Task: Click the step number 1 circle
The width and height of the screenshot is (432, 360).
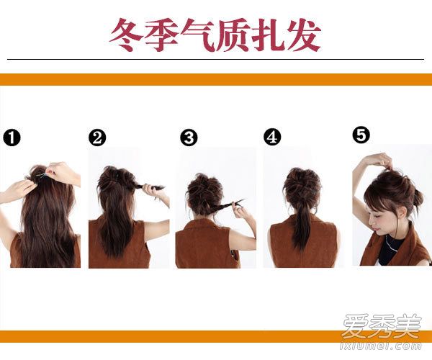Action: tap(12, 138)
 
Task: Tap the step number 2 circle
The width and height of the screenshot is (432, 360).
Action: tap(97, 138)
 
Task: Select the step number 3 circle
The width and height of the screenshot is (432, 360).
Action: tap(189, 138)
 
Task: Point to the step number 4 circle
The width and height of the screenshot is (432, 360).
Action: tap(272, 137)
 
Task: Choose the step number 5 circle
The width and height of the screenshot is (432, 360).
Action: tap(361, 135)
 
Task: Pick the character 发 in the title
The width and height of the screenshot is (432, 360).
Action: tap(304, 35)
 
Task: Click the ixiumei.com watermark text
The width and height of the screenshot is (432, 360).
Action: tap(381, 346)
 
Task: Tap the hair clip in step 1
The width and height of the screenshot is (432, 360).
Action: tap(41, 175)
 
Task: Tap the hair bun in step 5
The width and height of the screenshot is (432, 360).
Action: tap(417, 197)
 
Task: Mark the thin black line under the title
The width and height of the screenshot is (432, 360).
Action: tap(216, 59)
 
